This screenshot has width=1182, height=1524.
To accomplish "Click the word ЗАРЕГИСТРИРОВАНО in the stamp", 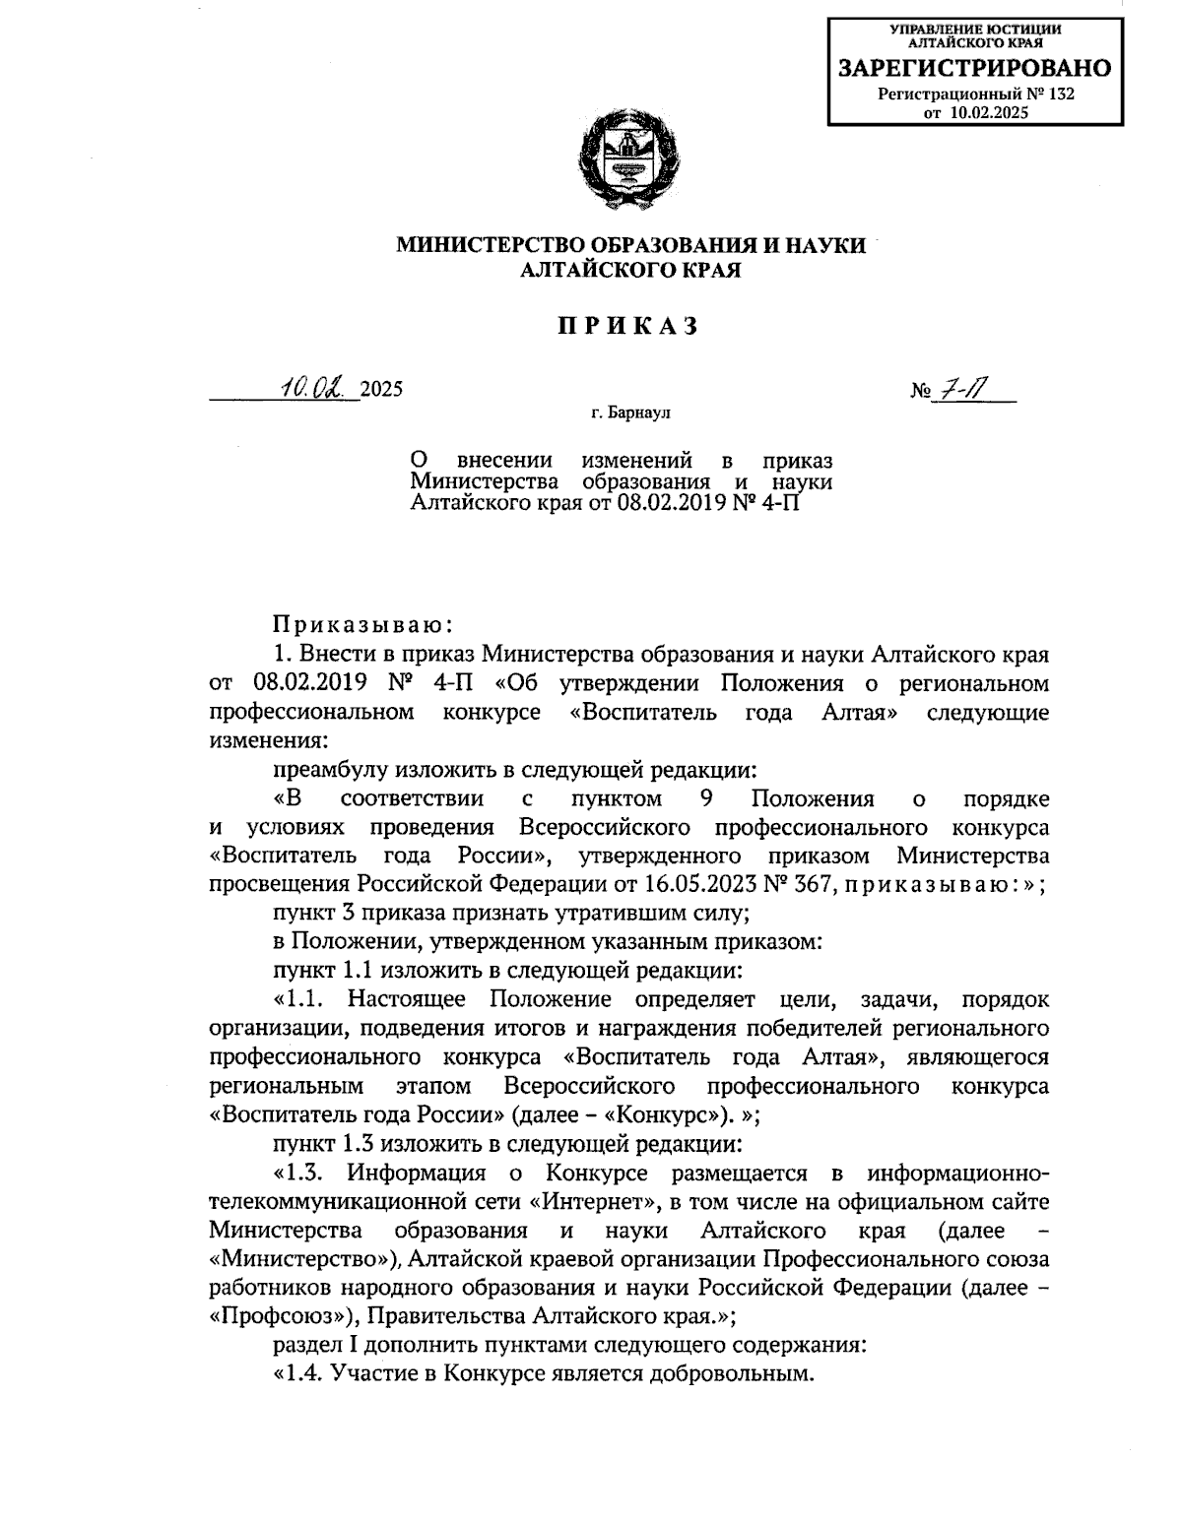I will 974,68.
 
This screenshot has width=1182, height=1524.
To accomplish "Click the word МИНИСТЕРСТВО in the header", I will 490,245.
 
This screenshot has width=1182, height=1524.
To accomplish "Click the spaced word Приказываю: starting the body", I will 361,623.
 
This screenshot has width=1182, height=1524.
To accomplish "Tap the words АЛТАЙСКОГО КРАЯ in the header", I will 630,269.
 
